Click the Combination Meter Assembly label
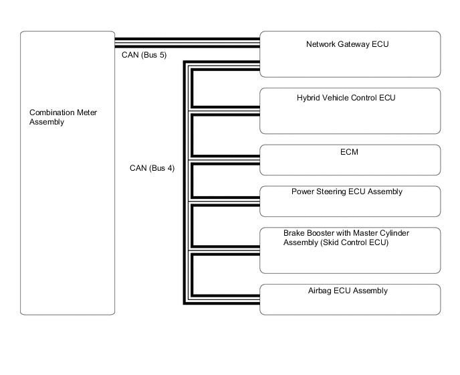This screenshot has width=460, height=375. pyautogui.click(x=63, y=117)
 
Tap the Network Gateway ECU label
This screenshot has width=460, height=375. pyautogui.click(x=347, y=45)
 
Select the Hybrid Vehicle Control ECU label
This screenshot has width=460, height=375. pyautogui.click(x=346, y=98)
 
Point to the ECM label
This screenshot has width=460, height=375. pyautogui.click(x=349, y=152)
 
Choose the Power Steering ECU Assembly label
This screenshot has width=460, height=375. pyautogui.click(x=346, y=192)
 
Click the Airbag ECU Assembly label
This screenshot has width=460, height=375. pyautogui.click(x=349, y=291)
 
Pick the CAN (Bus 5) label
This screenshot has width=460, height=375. pyautogui.click(x=144, y=55)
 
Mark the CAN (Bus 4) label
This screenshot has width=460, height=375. pyautogui.click(x=152, y=168)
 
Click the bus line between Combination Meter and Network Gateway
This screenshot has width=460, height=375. pyautogui.click(x=187, y=42)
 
